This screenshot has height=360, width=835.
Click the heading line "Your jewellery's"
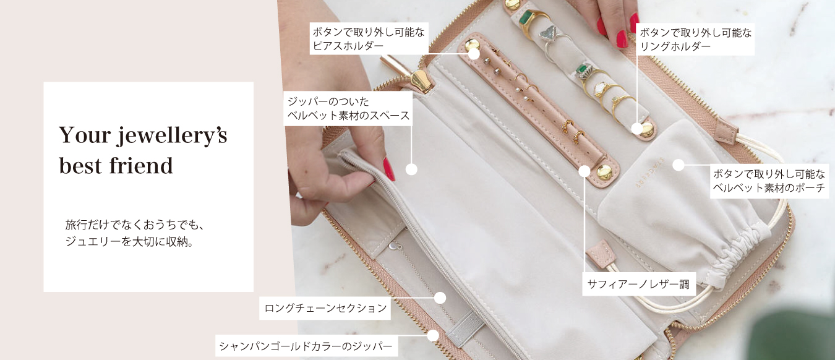tap(143, 135)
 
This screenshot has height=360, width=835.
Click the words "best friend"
tap(116, 166)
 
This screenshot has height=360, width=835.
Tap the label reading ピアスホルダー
tap(348, 46)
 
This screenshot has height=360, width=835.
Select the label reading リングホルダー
tap(675, 46)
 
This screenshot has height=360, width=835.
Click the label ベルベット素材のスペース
tap(349, 116)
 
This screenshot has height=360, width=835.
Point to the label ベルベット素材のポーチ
tap(769, 187)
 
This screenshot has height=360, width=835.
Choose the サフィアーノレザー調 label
tap(638, 285)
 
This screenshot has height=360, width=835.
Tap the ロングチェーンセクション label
tap(325, 308)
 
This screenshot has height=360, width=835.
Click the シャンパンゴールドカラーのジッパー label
tap(306, 346)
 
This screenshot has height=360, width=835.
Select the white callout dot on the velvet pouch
tap(678, 165)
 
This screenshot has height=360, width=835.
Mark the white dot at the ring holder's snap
tap(637, 129)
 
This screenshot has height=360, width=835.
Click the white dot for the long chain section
tap(440, 298)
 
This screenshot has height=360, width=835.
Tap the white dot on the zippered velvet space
tap(411, 169)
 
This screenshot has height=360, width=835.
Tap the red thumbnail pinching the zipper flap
tap(389, 169)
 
